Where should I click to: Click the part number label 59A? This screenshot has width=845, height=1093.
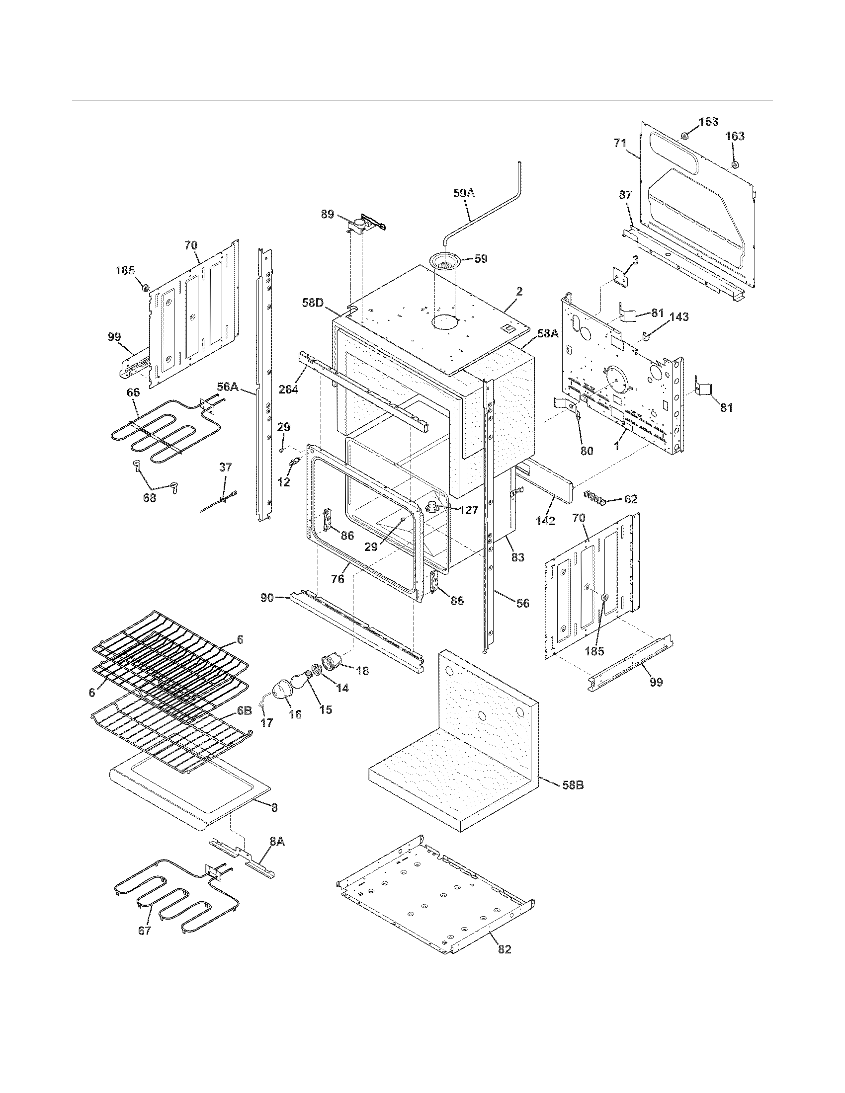[464, 193]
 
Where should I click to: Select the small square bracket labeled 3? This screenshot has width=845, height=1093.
[621, 278]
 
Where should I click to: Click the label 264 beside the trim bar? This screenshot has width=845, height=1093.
[289, 389]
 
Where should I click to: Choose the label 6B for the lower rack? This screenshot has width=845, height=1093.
[244, 710]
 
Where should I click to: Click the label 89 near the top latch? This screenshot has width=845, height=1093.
[328, 214]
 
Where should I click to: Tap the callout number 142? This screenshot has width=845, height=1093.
[545, 521]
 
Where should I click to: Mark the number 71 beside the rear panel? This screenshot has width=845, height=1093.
[620, 143]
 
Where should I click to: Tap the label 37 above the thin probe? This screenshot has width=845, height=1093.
[226, 467]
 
